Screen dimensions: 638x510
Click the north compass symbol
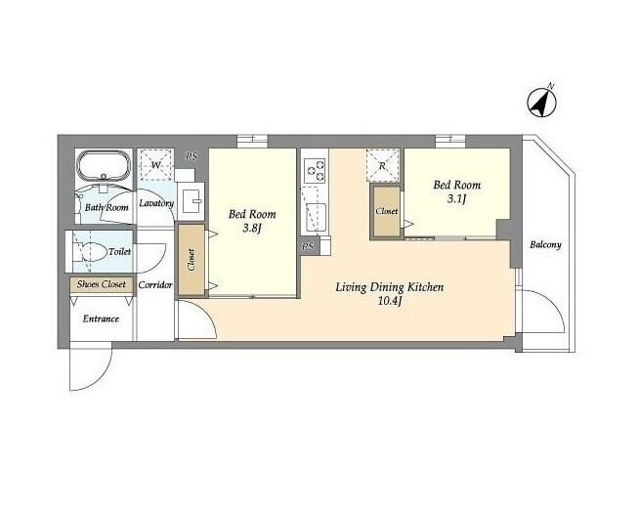coord(542,103)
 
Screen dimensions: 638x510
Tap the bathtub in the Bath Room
coord(104,166)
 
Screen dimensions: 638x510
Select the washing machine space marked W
coord(156,165)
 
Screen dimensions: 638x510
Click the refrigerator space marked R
coord(382,166)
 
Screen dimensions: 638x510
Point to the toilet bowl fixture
coord(90,252)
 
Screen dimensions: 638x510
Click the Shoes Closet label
coord(102,284)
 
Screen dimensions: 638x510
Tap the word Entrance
coord(101,319)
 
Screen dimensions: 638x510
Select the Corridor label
coord(155,285)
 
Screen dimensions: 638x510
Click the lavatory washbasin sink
coord(192,201)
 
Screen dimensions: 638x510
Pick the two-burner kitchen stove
coord(315,170)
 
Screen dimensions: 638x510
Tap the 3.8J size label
coord(251,228)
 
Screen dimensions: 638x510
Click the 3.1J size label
coord(456,198)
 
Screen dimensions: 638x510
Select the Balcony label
coord(545,244)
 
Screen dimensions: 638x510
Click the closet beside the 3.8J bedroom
coord(191,260)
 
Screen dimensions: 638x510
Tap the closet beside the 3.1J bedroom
coord(387,211)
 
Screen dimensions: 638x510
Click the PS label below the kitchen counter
coord(309,246)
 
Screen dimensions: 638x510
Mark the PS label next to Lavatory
coord(191,156)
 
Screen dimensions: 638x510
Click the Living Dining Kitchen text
coord(390,287)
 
